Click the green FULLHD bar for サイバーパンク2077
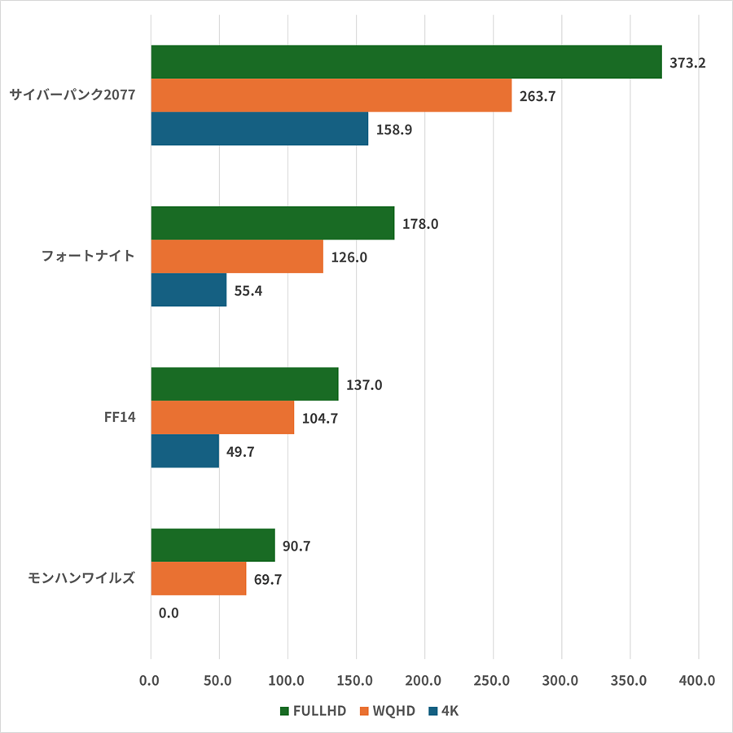(406, 62)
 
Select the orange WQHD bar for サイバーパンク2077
(331, 95)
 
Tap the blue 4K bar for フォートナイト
(188, 290)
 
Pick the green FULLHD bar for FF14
(244, 384)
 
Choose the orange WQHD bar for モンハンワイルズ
(198, 579)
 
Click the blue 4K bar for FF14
(185, 451)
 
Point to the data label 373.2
(687, 62)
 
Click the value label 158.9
(393, 129)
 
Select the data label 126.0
(349, 257)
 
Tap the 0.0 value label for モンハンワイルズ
(169, 612)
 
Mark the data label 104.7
(319, 419)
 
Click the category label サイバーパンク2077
(72, 95)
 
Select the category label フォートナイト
(88, 257)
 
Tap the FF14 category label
(120, 418)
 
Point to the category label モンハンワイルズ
(77, 579)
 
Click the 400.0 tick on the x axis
(697, 680)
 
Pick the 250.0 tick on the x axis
(492, 680)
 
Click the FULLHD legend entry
(314, 711)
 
